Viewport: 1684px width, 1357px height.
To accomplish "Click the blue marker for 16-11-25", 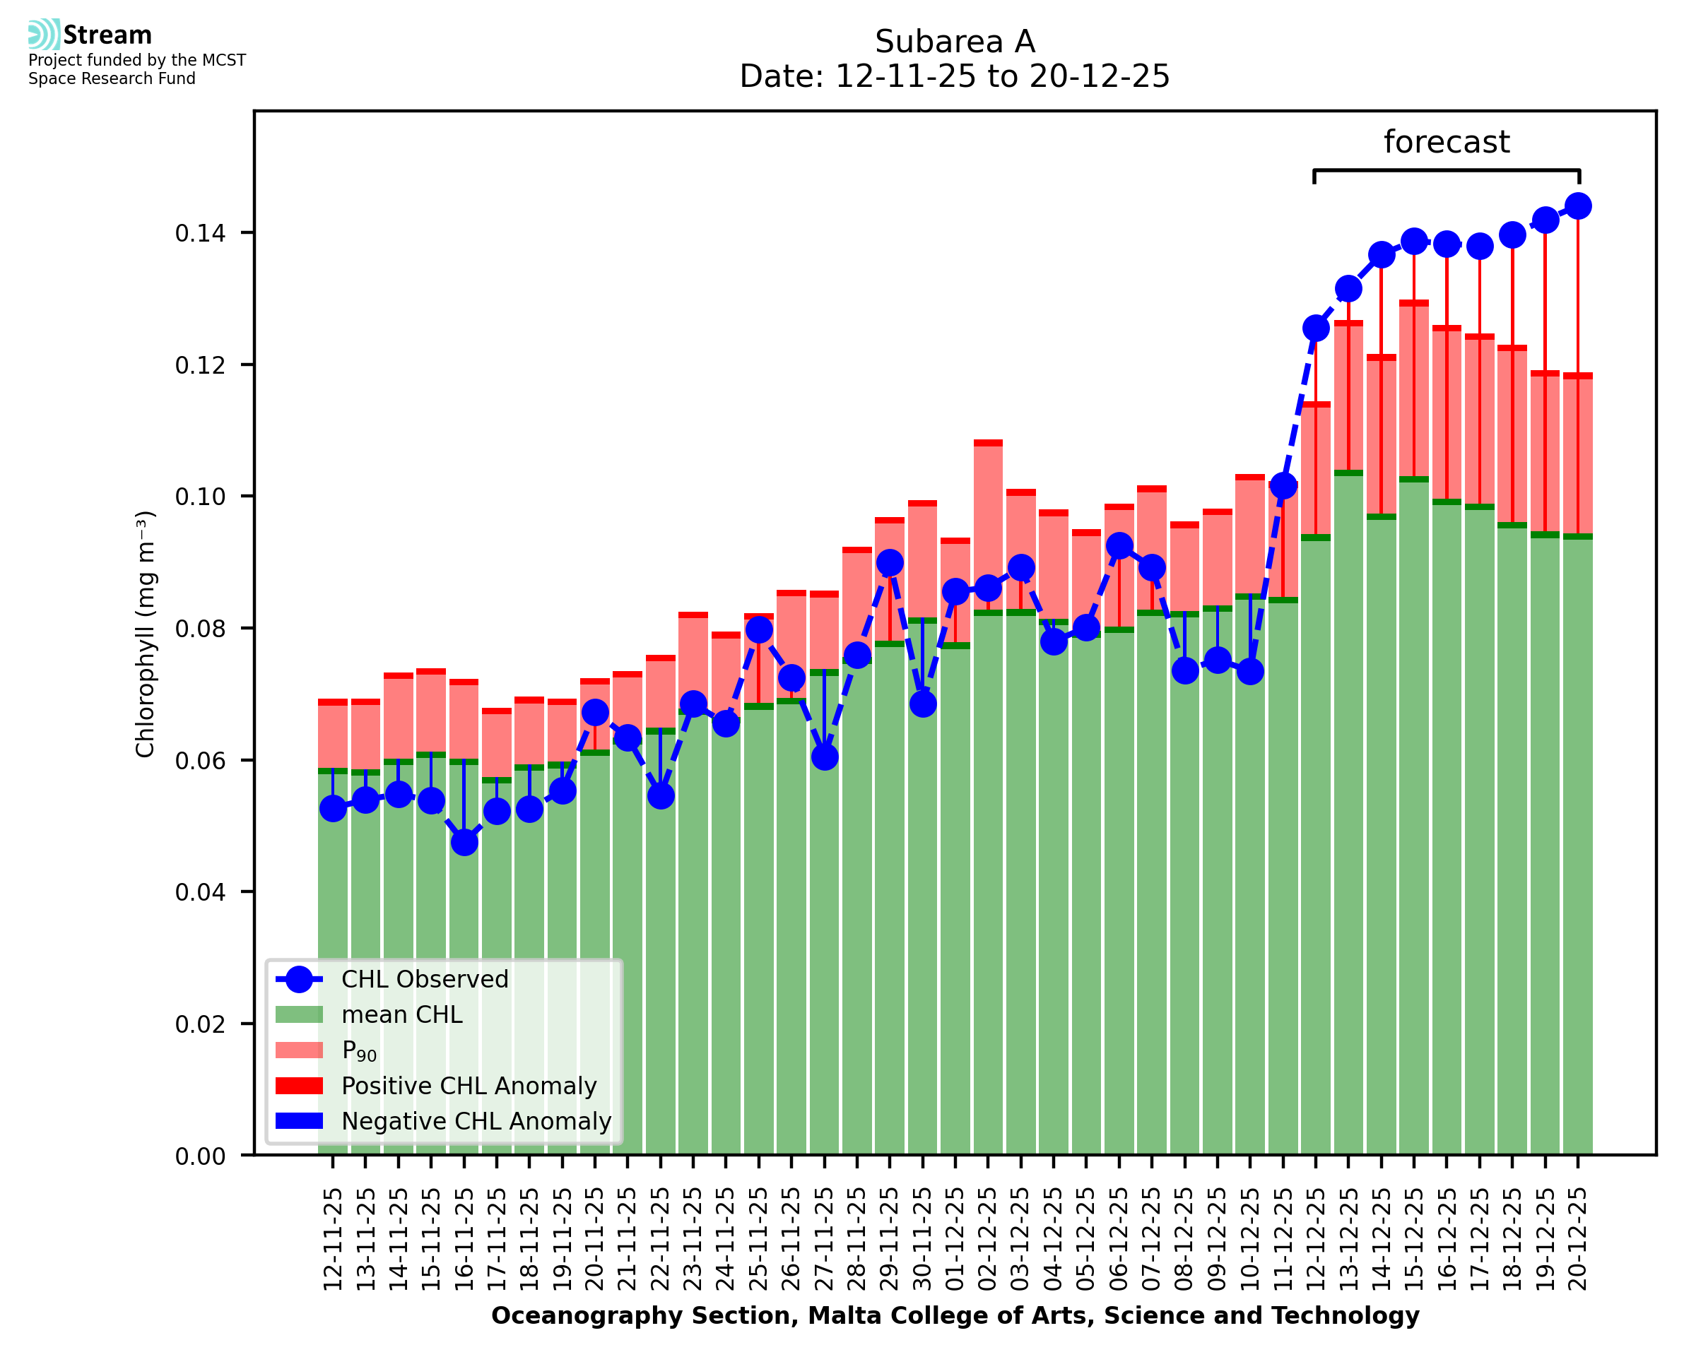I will coord(464,842).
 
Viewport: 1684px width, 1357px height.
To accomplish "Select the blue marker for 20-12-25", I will coord(1578,206).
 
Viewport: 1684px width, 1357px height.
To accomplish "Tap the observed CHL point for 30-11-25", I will coord(922,704).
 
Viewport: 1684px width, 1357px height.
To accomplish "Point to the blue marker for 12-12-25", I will coord(1316,328).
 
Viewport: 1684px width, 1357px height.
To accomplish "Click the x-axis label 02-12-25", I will coord(988,1239).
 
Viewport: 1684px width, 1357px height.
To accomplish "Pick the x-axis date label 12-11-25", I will coord(333,1239).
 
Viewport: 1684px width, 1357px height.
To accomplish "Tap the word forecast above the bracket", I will coord(1447,142).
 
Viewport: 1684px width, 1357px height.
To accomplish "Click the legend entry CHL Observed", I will coord(425,980).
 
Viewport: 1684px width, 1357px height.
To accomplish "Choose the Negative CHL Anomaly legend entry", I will coord(476,1121).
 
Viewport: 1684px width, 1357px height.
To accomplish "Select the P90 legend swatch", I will coord(300,1050).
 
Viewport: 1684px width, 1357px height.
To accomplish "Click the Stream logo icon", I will coord(44,35).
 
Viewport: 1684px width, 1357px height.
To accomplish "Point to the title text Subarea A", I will coord(955,42).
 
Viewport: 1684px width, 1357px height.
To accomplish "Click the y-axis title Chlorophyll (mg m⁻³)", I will coord(146,634).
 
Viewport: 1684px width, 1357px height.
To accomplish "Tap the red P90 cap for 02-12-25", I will coord(988,443).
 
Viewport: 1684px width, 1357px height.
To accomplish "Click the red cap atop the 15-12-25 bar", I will coord(1413,302).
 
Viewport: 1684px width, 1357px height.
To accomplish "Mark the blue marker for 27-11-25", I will coord(824,757).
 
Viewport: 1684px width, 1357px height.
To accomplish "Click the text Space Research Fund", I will coord(112,78).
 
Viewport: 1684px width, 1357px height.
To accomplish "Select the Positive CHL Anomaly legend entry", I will coord(469,1086).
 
